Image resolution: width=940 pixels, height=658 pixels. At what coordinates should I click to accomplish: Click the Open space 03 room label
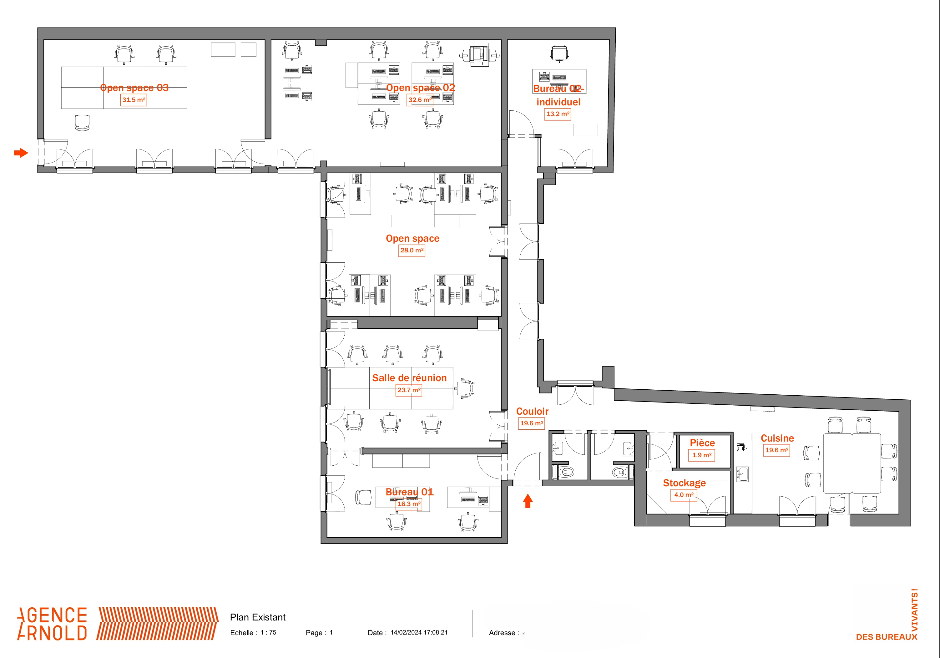[134, 88]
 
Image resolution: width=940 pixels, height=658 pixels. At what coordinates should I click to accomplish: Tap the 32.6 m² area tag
[420, 100]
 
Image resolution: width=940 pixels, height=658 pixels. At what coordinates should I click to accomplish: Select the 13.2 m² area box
[558, 114]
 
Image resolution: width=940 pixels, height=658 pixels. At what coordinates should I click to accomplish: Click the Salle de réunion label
[409, 378]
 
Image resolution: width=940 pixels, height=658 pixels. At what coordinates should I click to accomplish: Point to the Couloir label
[532, 412]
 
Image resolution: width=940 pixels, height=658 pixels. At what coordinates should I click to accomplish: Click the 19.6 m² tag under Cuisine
[777, 450]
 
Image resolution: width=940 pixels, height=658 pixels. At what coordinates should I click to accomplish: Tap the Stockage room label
[685, 483]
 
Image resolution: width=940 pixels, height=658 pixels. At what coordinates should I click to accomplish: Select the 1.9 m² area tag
[702, 455]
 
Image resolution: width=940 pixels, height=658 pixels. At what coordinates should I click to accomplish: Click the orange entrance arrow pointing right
[21, 153]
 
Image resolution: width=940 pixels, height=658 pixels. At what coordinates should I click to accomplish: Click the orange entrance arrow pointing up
[528, 501]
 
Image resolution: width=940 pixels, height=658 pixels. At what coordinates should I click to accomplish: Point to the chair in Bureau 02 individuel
[559, 54]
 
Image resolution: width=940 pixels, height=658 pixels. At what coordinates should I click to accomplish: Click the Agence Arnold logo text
[52, 624]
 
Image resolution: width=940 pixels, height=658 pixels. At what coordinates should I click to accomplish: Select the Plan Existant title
[258, 617]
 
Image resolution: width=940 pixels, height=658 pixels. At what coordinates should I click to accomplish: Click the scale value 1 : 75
[269, 633]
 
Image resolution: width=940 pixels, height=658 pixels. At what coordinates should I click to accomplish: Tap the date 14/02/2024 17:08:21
[419, 633]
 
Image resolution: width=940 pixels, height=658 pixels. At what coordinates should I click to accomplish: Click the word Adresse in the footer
[502, 633]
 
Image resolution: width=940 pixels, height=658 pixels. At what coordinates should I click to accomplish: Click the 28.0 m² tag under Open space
[412, 250]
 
